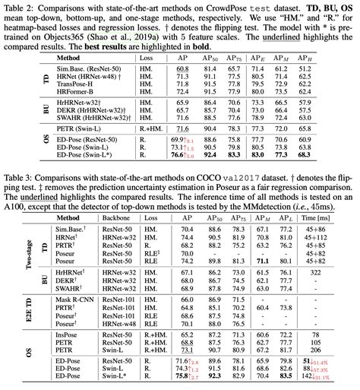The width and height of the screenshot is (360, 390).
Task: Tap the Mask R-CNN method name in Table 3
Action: pyautogui.click(x=73, y=301)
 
